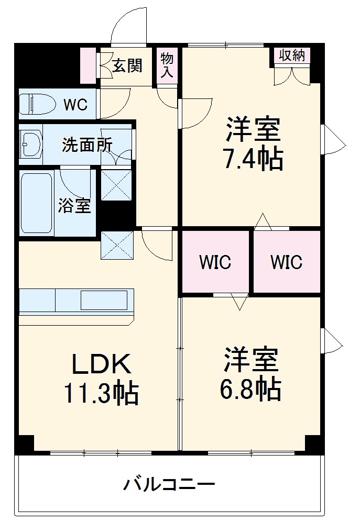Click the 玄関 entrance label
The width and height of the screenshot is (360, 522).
click(128, 65)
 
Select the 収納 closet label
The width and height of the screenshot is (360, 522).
click(292, 55)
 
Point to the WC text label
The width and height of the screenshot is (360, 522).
click(75, 105)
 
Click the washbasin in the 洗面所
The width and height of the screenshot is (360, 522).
click(31, 143)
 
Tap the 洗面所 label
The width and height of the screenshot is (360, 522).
click(87, 145)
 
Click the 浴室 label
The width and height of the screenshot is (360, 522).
click(74, 206)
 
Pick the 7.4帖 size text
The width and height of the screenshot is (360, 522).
click(254, 159)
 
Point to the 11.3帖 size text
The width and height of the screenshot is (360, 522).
click(101, 394)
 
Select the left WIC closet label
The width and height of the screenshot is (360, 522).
click(215, 262)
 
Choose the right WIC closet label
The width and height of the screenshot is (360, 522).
click(287, 262)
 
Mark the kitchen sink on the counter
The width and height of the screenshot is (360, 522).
click(104, 301)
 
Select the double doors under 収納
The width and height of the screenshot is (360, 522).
click(291, 75)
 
